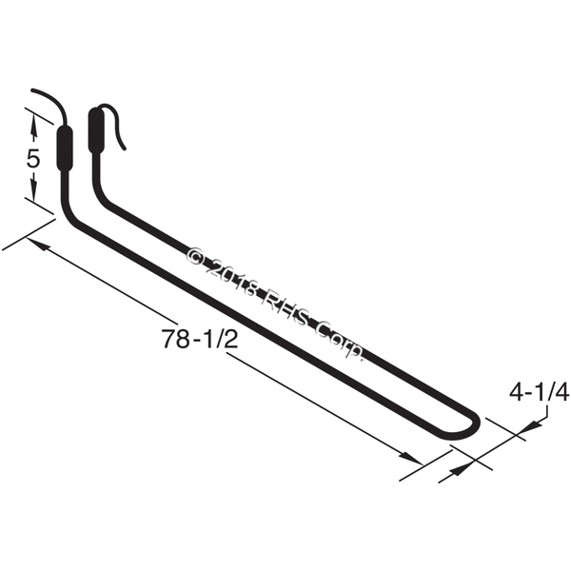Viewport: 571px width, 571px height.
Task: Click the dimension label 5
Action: (x=32, y=159)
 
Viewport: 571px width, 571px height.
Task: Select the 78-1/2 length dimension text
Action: (x=200, y=339)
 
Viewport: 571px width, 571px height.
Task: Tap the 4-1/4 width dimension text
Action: (x=539, y=393)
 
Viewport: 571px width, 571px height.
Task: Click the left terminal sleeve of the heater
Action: (x=65, y=148)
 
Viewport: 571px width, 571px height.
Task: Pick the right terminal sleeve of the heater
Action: (x=96, y=129)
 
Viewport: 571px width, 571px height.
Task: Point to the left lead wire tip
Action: (x=32, y=90)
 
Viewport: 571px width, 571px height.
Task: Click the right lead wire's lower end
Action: (x=124, y=148)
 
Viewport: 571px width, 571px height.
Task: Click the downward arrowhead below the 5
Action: (x=33, y=190)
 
